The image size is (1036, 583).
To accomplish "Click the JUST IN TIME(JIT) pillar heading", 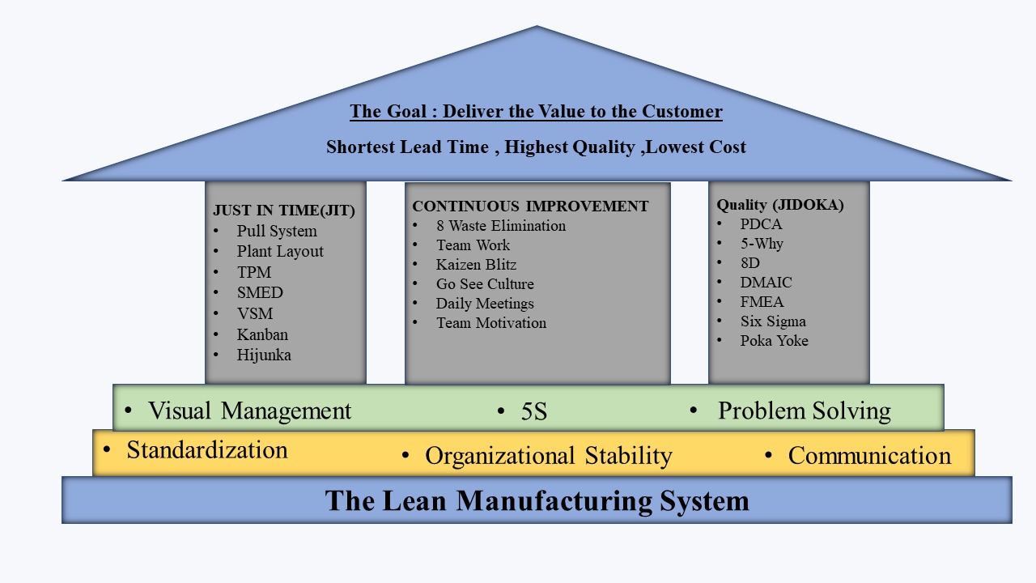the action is [x=284, y=210].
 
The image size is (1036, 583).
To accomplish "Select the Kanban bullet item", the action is [x=262, y=334].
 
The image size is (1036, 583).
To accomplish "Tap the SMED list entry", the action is [x=260, y=292].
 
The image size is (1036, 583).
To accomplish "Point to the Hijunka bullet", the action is [x=264, y=355].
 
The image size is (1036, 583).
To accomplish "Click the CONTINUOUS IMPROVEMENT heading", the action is [x=530, y=206].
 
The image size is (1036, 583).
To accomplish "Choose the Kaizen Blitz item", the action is [x=476, y=264].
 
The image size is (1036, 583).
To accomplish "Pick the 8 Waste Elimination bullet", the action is [x=501, y=225].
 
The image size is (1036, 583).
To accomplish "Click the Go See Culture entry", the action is [x=485, y=283].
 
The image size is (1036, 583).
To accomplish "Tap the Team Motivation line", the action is [x=491, y=322].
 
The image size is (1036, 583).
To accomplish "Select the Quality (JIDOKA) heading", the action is [x=780, y=205].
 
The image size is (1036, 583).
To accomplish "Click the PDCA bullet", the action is [x=761, y=224].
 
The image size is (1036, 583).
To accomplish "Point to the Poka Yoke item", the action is [x=775, y=341].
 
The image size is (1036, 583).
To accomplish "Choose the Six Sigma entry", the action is [x=773, y=321].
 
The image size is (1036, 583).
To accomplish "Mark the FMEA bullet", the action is [x=762, y=302].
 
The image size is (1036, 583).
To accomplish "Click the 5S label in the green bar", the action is [x=534, y=411].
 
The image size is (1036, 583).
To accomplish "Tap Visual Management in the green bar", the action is [x=249, y=411].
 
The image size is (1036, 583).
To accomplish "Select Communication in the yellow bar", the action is [x=869, y=455].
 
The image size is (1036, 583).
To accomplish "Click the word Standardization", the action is [x=207, y=449].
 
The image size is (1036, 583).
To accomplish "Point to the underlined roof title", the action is [x=536, y=111].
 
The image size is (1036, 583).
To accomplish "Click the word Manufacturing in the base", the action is [x=554, y=500].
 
